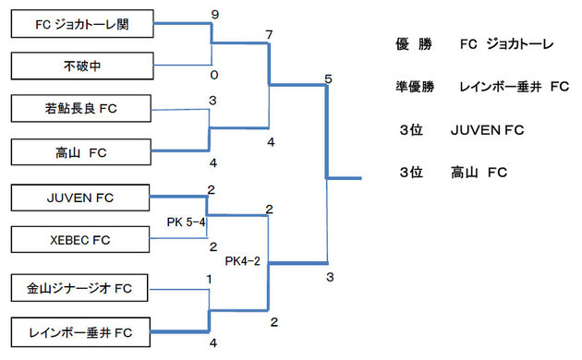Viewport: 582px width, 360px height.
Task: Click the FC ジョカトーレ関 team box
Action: [81, 25]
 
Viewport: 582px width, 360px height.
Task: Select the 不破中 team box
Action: [81, 66]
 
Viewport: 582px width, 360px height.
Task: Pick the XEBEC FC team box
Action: [81, 240]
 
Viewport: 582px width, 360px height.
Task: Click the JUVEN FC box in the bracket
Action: [81, 197]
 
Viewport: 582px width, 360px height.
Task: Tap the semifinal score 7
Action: [268, 35]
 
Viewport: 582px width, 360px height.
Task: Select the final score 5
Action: [328, 79]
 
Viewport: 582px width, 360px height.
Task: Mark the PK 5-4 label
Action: [187, 222]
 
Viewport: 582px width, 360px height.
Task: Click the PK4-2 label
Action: [243, 261]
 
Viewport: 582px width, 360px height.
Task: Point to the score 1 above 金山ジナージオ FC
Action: [211, 278]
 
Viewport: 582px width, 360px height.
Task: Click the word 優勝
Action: [407, 43]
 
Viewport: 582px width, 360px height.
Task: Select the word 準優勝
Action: [413, 87]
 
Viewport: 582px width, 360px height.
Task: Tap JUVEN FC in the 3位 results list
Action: [487, 131]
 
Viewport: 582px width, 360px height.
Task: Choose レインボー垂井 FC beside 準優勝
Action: [513, 87]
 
